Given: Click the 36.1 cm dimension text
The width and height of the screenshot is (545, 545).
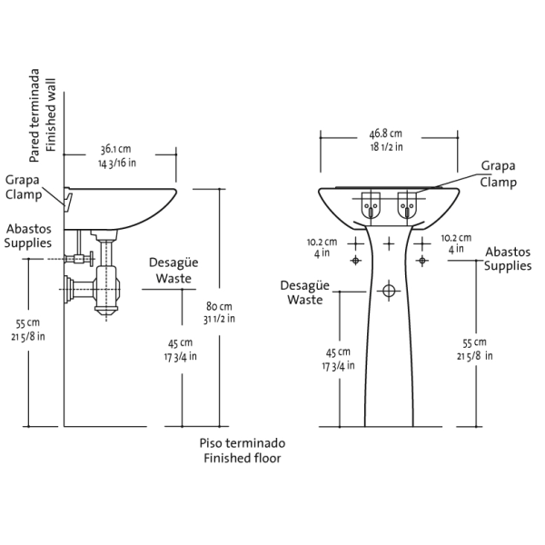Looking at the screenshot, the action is click(x=116, y=149).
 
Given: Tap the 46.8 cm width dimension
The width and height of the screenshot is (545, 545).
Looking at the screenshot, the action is click(x=385, y=134).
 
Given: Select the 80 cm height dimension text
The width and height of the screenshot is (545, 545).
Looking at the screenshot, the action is click(x=219, y=306).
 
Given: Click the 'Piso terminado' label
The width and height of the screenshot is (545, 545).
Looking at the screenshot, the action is click(x=243, y=443).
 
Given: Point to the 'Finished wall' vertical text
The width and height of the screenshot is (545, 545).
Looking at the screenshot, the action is click(x=51, y=115).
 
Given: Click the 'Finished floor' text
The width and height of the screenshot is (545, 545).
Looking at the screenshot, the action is click(x=243, y=458).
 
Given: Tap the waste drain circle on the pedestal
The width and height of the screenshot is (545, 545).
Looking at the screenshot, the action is click(x=389, y=291).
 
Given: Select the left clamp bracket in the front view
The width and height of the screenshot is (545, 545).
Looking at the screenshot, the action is click(x=371, y=205).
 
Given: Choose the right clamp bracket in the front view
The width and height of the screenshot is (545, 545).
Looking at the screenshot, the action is click(x=407, y=205).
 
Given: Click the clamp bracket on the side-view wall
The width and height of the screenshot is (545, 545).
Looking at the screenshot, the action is click(x=68, y=199).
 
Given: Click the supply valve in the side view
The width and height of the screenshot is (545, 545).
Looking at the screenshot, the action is click(x=80, y=259).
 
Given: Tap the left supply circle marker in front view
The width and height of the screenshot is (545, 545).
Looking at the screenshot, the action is click(x=355, y=260).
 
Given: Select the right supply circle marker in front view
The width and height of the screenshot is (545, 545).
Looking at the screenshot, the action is click(x=422, y=260).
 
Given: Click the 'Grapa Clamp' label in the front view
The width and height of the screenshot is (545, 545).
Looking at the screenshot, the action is click(x=498, y=173).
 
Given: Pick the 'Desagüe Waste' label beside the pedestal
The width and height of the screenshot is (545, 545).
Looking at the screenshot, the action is click(x=305, y=292).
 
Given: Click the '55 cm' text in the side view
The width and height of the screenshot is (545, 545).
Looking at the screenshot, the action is click(x=28, y=323).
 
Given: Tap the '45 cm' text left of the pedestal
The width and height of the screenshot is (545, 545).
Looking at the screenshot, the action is click(x=338, y=352).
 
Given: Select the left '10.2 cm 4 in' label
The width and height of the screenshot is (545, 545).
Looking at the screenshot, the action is click(x=322, y=247).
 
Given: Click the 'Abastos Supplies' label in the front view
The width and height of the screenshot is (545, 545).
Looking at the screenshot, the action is click(x=508, y=259).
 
